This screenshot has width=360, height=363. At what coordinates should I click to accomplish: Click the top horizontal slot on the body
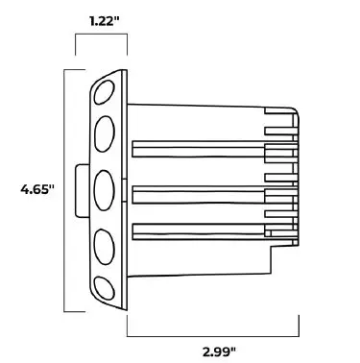[x=197, y=149]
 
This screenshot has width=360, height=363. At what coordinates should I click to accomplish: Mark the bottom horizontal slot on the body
[x=197, y=230]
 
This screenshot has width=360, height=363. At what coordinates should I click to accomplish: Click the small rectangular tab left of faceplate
[x=81, y=190]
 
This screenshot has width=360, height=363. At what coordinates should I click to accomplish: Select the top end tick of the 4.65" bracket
[x=71, y=69]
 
